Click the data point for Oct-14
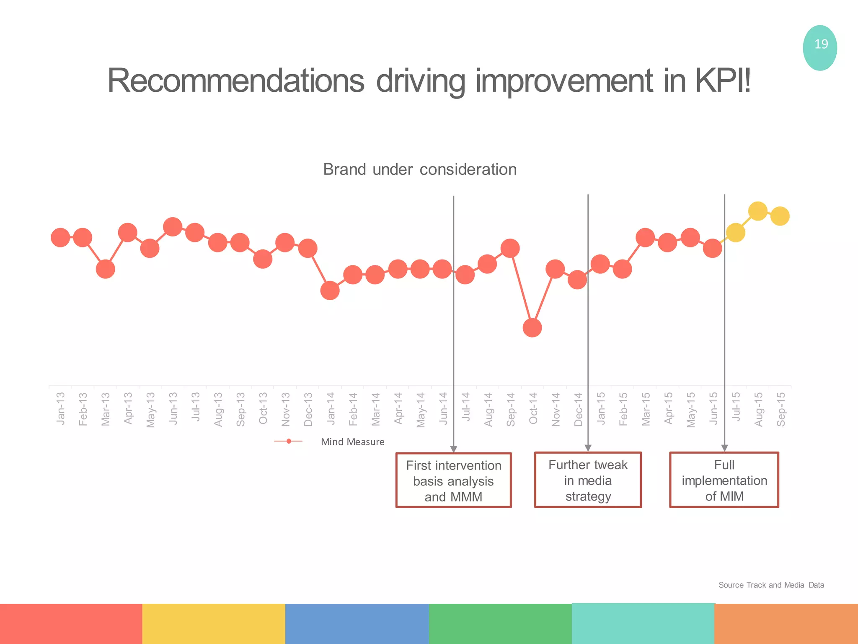(532, 327)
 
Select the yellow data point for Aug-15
(757, 211)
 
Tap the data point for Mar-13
(105, 269)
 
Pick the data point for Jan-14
(330, 290)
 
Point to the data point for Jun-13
(173, 227)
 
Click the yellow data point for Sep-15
(780, 216)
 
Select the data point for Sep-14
(510, 248)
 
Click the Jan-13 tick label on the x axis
(61, 408)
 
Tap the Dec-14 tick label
(579, 409)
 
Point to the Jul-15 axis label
(736, 407)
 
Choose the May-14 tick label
(421, 410)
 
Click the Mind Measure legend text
(352, 442)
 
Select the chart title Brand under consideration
(420, 169)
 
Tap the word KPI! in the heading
(723, 80)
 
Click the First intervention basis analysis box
(453, 480)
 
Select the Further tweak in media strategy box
(588, 480)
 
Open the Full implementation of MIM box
(724, 480)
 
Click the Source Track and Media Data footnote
(771, 585)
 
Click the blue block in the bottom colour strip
(357, 623)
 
